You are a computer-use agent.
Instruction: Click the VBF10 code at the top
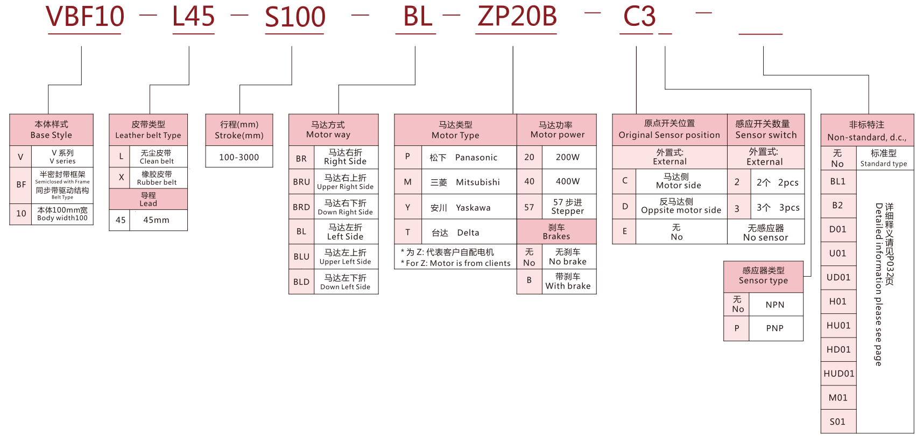(85, 17)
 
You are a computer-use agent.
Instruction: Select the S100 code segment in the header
(295, 17)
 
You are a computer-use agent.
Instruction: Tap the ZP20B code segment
(517, 16)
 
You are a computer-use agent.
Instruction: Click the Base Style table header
(51, 130)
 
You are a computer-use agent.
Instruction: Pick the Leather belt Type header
(148, 130)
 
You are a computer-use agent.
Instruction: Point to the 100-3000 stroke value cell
(239, 157)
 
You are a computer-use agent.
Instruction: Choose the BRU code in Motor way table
(301, 182)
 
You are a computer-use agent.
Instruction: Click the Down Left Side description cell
(346, 282)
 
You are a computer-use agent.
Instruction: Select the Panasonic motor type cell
(468, 157)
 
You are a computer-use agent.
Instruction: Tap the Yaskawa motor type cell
(468, 208)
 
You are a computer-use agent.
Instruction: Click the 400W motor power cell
(568, 181)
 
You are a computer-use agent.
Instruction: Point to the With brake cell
(568, 282)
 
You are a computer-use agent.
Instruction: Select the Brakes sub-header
(556, 232)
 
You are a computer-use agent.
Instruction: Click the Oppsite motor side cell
(681, 206)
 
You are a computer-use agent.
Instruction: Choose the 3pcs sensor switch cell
(778, 208)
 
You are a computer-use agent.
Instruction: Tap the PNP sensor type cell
(775, 328)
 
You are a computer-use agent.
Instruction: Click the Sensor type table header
(763, 276)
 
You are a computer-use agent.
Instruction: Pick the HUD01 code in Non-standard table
(839, 374)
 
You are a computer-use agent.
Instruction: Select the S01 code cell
(837, 422)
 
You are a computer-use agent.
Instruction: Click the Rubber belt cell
(157, 178)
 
